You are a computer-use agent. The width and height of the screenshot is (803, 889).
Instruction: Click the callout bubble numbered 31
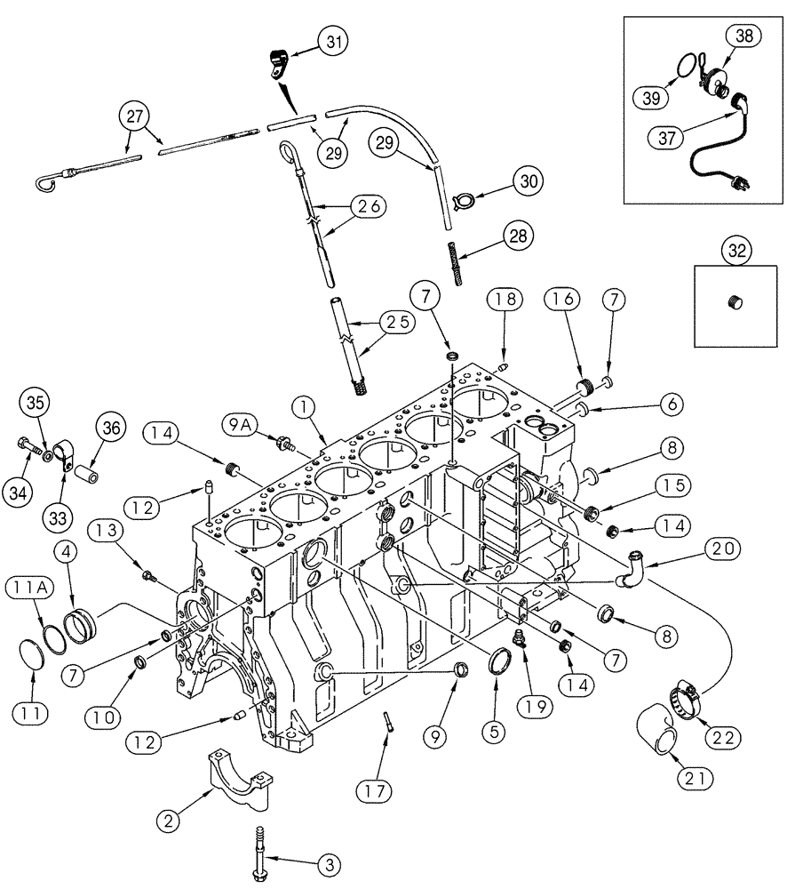click(x=309, y=41)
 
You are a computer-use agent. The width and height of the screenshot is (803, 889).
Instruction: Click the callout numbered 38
click(x=743, y=36)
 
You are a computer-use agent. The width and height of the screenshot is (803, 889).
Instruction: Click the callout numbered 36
click(x=112, y=428)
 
